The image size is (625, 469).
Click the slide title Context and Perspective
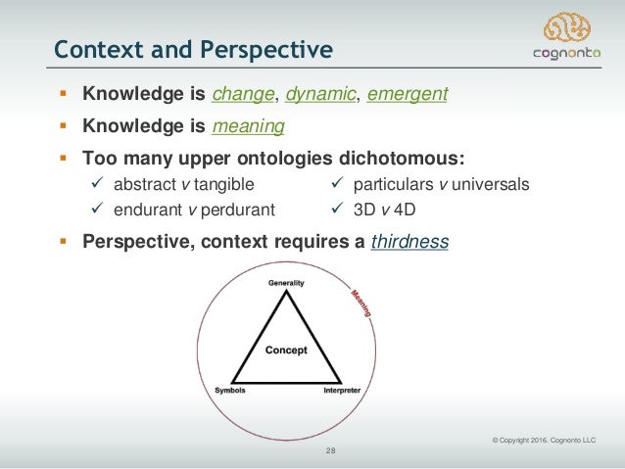[193, 48]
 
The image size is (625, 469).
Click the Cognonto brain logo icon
[568, 28]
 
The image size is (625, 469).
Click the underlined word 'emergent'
[407, 95]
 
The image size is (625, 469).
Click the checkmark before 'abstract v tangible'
[98, 183]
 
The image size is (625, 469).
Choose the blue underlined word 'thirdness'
[409, 242]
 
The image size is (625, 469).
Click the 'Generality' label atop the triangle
[287, 283]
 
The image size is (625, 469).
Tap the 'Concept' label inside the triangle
[286, 350]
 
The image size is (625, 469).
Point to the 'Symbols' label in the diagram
[230, 390]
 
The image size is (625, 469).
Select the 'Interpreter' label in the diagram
[342, 390]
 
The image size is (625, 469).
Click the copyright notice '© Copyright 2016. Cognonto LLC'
[544, 440]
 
